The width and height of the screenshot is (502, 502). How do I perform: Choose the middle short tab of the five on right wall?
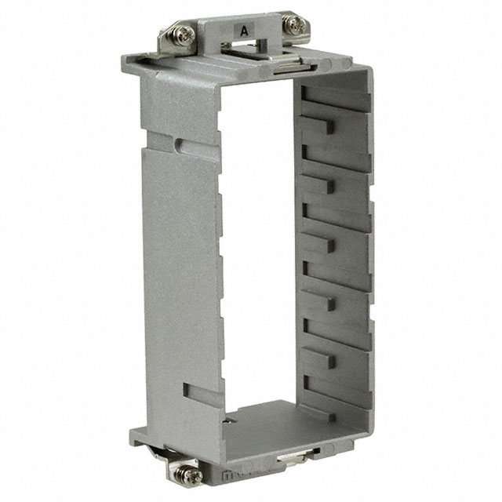coord(331,244)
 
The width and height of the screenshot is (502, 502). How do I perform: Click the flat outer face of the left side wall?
coord(180,275)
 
